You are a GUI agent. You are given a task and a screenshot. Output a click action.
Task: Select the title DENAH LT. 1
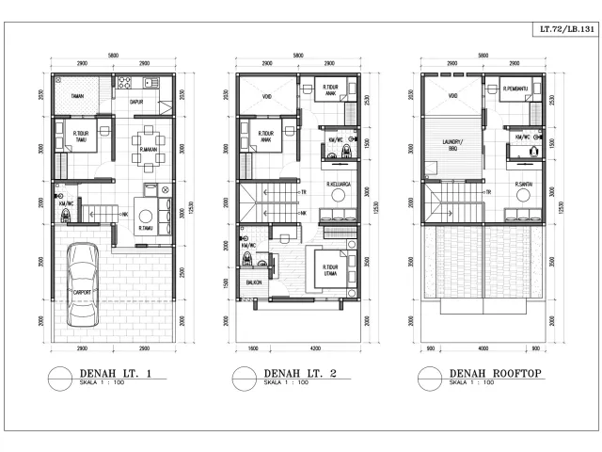click(x=103, y=375)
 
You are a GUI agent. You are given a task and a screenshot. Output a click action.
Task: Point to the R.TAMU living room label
click(x=147, y=227)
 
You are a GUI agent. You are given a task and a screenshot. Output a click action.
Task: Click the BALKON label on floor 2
click(x=253, y=282)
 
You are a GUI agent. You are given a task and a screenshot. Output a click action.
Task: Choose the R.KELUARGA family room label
click(x=337, y=184)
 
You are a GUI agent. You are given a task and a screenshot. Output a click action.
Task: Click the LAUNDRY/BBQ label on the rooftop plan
click(x=451, y=146)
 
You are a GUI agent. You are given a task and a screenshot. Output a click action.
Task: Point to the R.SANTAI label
click(x=524, y=184)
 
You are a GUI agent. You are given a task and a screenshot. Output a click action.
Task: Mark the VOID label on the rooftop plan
click(x=453, y=96)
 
